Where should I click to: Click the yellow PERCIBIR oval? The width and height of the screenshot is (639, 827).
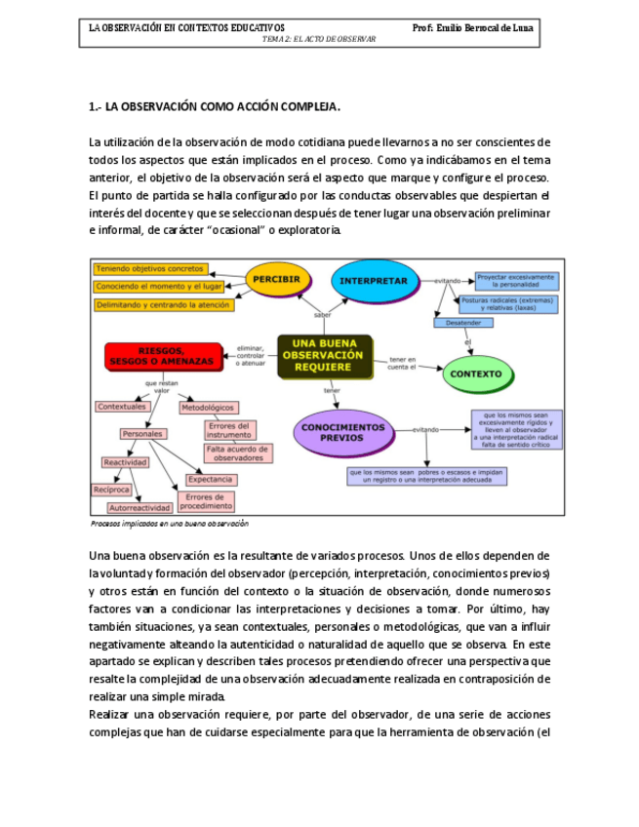(x=277, y=279)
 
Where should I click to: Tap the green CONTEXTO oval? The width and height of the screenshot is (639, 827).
(x=477, y=374)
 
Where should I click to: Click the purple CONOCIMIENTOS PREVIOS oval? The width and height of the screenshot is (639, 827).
(x=342, y=432)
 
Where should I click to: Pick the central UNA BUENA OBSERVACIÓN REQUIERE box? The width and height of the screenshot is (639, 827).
(x=324, y=356)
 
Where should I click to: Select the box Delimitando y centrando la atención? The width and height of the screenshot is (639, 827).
(x=163, y=305)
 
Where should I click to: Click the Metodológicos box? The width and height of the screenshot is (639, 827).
(x=209, y=407)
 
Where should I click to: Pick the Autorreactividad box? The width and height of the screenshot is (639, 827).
(x=140, y=508)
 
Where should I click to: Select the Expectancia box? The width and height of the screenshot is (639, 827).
(x=210, y=480)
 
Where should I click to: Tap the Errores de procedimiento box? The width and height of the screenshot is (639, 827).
(x=206, y=502)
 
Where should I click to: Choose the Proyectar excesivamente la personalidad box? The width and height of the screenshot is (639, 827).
(x=517, y=280)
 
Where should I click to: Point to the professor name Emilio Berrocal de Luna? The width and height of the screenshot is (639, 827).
(x=473, y=26)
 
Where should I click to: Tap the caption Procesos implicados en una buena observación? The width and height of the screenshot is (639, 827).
(x=169, y=524)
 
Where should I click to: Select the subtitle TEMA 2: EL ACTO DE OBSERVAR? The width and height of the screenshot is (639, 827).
(x=320, y=39)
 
